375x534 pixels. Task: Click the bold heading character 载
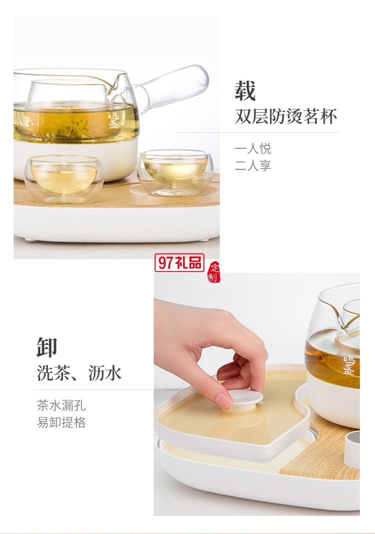245,91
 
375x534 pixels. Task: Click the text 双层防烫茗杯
285,117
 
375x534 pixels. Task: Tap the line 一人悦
253,149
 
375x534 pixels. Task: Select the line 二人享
253,166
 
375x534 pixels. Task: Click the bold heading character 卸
47,347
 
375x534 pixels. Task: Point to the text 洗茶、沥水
79,373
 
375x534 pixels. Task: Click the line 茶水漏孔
61,405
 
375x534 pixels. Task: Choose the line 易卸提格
61,422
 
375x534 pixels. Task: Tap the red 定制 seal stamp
213,272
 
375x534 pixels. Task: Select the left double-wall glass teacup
64,178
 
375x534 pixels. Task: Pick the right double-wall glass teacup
174,171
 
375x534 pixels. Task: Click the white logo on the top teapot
113,121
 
